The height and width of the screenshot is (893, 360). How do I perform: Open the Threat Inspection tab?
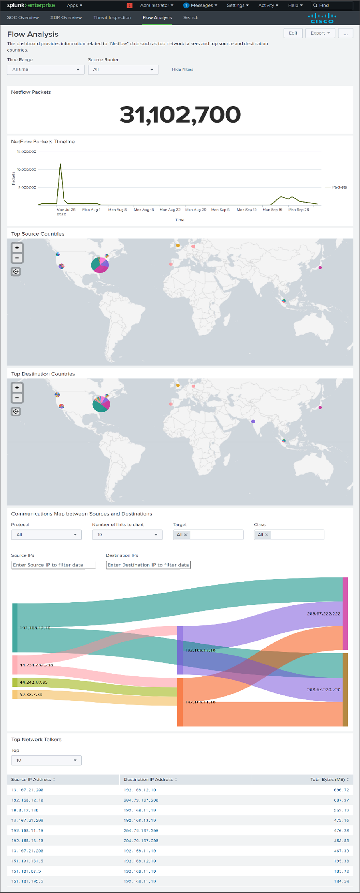(112, 17)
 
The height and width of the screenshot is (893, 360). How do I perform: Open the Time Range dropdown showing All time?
(45, 70)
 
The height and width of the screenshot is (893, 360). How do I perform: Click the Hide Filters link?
(183, 70)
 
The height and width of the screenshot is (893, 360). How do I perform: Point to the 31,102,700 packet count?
(180, 114)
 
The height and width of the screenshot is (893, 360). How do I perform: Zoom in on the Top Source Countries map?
(17, 248)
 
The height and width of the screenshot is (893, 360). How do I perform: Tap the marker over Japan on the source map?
(320, 268)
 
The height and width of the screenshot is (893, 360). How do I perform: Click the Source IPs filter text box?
(54, 565)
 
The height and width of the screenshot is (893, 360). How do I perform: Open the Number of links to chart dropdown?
(127, 534)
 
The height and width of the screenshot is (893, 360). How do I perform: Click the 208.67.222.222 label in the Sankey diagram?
(323, 614)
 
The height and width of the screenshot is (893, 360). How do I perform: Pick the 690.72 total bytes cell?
(341, 790)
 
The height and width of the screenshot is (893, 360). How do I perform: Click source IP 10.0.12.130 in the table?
(25, 810)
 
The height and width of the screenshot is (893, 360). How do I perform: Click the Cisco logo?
(322, 18)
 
